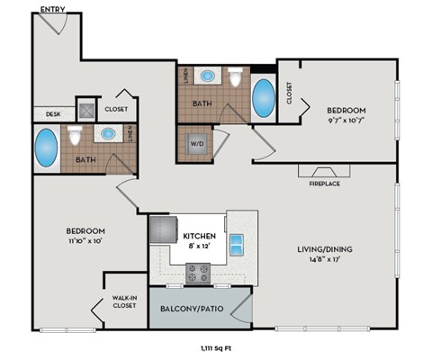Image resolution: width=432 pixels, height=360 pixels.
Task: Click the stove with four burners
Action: [x=198, y=271]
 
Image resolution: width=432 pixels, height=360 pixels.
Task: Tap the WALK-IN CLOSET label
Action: [x=124, y=301]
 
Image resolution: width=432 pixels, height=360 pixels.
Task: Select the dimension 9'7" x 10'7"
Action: [x=348, y=120]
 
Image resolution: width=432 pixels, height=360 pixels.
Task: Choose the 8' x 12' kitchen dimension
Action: [x=199, y=247]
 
